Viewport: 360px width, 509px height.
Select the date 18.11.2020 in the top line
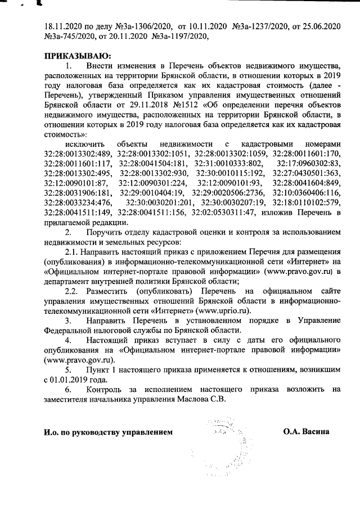tap(64, 26)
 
